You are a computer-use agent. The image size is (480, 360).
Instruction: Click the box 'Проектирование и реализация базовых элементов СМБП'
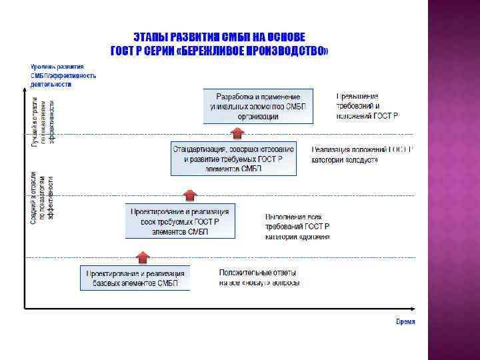pyautogui.click(x=135, y=278)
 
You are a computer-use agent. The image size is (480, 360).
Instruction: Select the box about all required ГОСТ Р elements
pyautogui.click(x=180, y=221)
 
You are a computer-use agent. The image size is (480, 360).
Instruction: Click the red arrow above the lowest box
pyautogui.click(x=142, y=257)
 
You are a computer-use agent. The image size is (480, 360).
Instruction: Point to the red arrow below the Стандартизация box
pyautogui.click(x=190, y=195)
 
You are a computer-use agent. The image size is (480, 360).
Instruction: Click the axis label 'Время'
pyautogui.click(x=405, y=321)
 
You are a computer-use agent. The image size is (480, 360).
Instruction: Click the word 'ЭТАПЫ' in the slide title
pyautogui.click(x=152, y=37)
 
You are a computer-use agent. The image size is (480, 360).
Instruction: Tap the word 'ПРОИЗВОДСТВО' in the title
pyautogui.click(x=291, y=50)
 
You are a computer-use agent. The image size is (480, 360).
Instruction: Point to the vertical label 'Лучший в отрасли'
pyautogui.click(x=35, y=120)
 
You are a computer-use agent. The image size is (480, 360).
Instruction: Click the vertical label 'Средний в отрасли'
pyautogui.click(x=34, y=197)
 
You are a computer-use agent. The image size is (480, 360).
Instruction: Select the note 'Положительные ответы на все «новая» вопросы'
pyautogui.click(x=259, y=277)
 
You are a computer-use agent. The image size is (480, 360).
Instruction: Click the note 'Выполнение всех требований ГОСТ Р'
pyautogui.click(x=297, y=227)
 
